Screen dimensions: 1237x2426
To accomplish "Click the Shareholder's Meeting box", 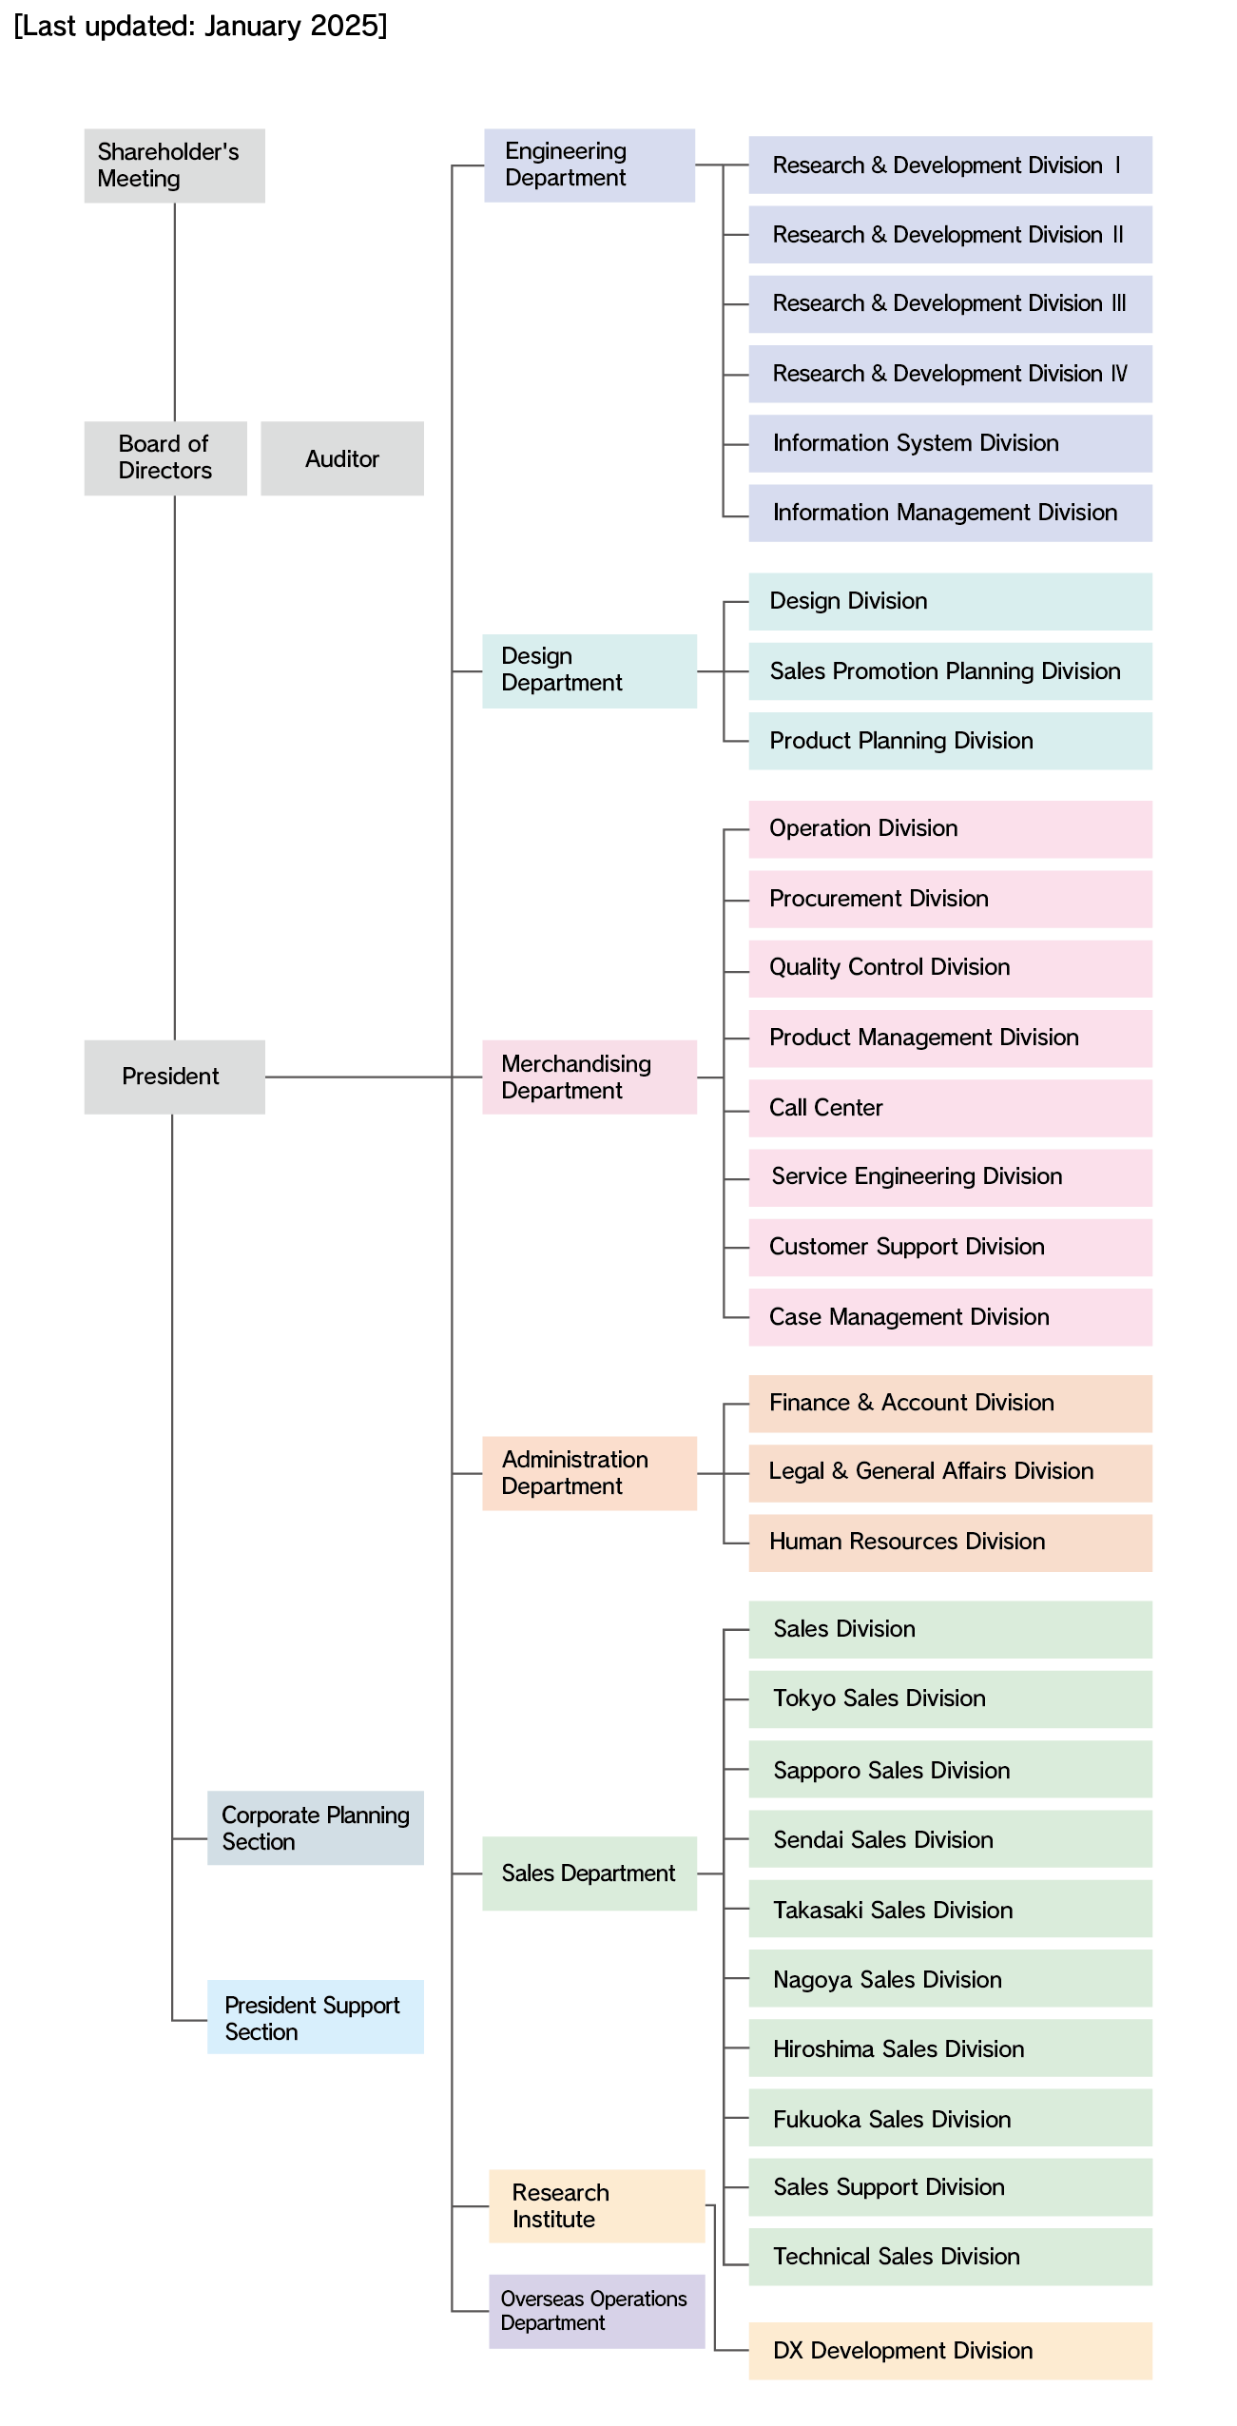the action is [x=174, y=165].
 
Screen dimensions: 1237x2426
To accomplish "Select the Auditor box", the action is [x=342, y=458].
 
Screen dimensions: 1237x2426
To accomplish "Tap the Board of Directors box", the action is [x=165, y=458].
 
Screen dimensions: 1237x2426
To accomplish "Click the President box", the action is [x=174, y=1077].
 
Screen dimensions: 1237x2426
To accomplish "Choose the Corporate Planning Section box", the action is [x=316, y=1828].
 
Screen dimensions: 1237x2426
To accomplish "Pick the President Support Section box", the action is [x=316, y=2017].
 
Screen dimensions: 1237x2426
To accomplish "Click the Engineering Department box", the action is [x=590, y=165].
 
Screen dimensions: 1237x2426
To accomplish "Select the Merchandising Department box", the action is [x=590, y=1077].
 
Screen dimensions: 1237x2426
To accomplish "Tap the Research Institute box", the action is [x=597, y=2206].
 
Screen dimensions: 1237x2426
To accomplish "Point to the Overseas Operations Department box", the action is [x=597, y=2312].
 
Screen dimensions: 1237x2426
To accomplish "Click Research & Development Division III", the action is [x=951, y=304].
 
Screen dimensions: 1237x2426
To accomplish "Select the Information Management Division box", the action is [x=951, y=514].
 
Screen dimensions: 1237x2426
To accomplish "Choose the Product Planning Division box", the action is [x=951, y=741].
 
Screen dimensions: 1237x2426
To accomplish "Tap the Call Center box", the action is [x=951, y=1108].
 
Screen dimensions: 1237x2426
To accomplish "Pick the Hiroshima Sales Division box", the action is [x=951, y=2048].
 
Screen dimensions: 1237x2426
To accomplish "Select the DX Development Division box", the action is [x=951, y=2351].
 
